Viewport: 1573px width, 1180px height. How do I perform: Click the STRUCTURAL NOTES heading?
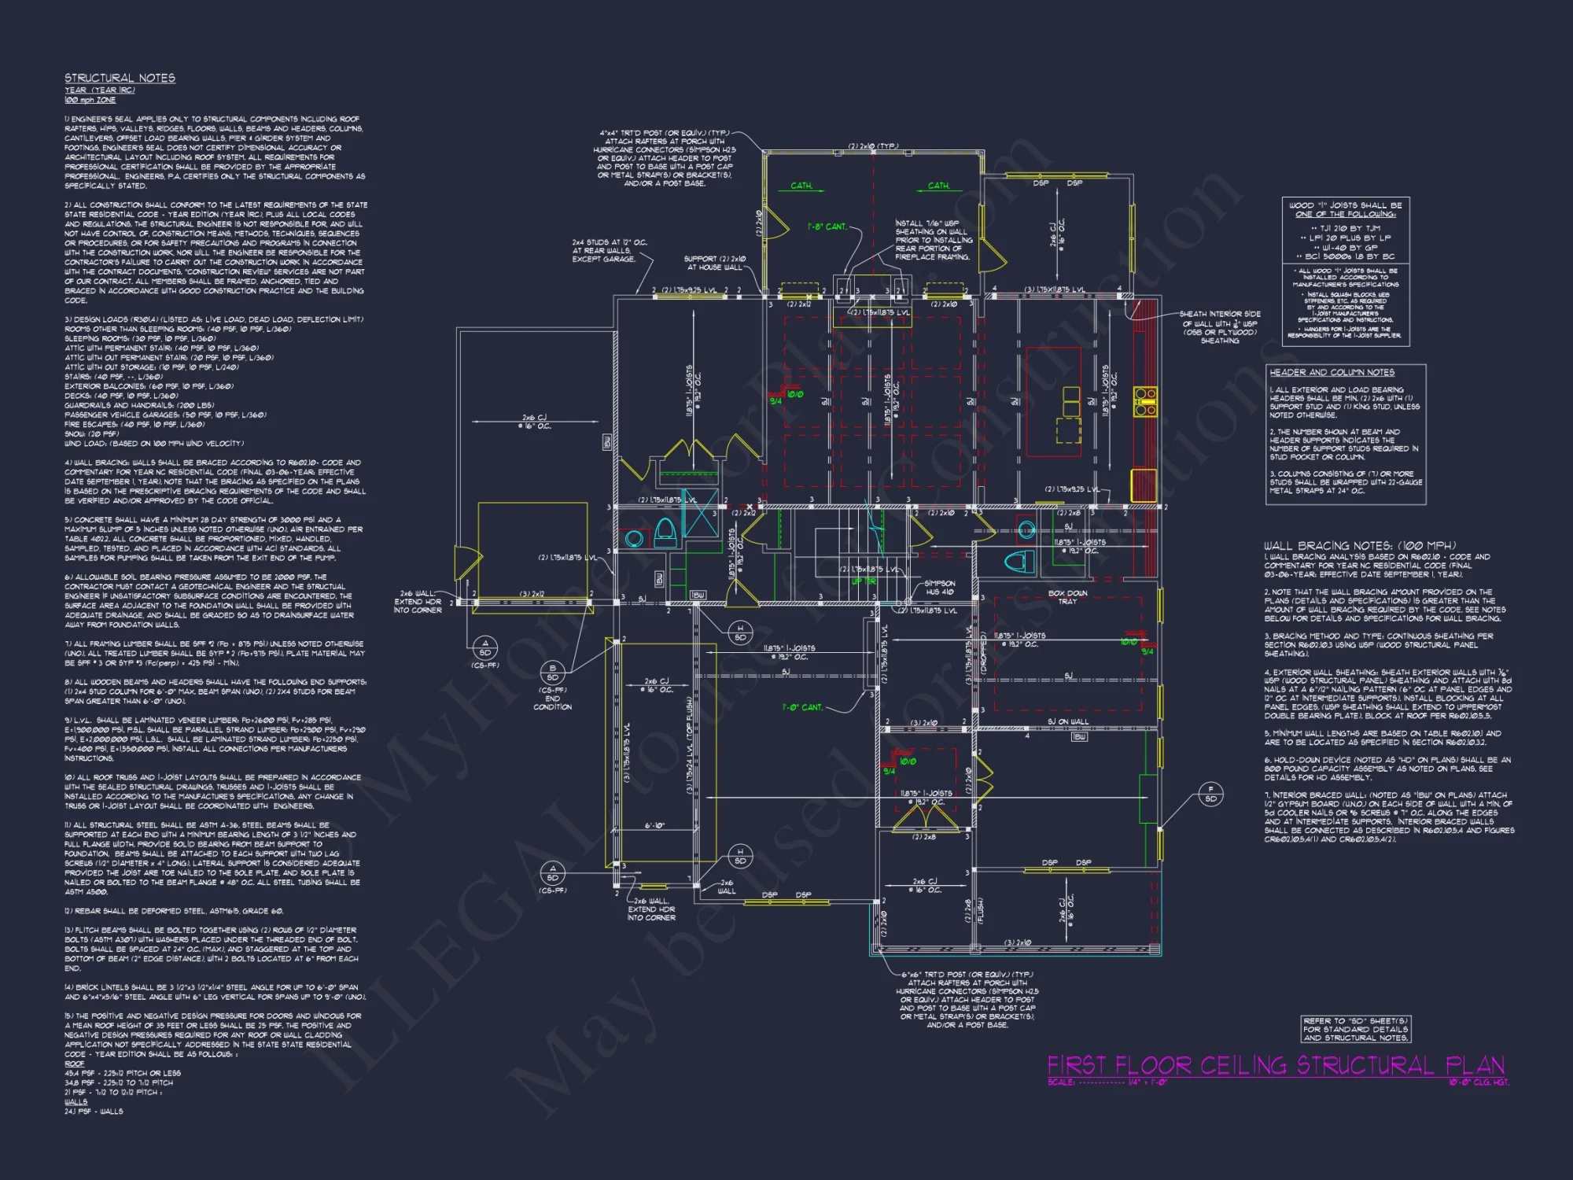pos(120,78)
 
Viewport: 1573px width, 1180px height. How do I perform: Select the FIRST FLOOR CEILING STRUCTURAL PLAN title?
pos(1275,1065)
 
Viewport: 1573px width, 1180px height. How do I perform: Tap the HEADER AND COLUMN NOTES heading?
pos(1332,372)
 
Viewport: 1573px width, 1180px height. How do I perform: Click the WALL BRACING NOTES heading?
pos(1359,545)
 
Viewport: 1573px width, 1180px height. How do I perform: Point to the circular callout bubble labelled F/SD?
pos(1210,794)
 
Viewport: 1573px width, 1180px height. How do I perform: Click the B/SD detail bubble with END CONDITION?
pos(552,673)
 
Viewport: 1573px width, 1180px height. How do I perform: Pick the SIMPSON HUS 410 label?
pos(939,588)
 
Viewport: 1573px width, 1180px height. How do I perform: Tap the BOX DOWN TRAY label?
pos(1067,597)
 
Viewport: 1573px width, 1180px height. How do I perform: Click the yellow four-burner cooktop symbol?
pos(1145,400)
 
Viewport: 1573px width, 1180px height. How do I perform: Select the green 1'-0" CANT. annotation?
pos(801,707)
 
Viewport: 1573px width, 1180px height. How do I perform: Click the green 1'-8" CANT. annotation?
pos(827,227)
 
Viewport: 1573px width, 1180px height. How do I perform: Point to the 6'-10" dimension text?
pos(654,825)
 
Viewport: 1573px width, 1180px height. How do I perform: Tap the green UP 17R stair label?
pos(864,581)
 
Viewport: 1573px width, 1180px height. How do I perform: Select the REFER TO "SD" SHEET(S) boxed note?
pos(1355,1029)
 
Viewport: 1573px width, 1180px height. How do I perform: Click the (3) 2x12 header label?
pos(532,594)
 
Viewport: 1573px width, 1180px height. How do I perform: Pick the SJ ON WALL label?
pos(1067,721)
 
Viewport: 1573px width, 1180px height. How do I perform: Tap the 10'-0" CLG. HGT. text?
pos(1478,1082)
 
